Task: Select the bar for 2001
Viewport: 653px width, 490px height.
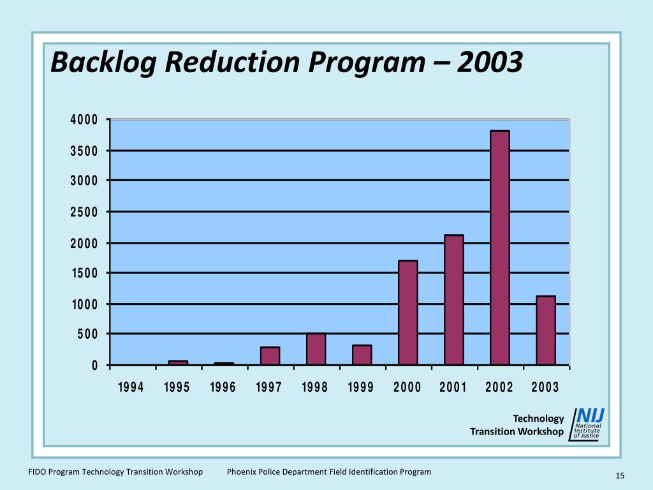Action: (454, 300)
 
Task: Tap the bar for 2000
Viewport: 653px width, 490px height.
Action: (408, 313)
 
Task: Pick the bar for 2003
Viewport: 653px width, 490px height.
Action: (546, 330)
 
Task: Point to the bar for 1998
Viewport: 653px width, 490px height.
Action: (316, 349)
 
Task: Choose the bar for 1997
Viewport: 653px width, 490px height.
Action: (270, 356)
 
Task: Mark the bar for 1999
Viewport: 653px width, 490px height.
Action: (362, 355)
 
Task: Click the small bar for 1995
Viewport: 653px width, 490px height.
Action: (179, 362)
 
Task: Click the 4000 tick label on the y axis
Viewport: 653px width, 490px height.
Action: (84, 120)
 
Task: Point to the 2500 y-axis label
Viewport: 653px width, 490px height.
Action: (84, 212)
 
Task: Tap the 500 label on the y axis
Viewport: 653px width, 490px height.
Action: (88, 334)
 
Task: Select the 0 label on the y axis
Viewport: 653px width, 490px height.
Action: (95, 366)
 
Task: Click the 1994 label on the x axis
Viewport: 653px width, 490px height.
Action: (131, 387)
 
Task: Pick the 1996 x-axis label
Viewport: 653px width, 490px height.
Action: (223, 387)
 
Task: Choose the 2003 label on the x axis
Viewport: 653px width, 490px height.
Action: (545, 387)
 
